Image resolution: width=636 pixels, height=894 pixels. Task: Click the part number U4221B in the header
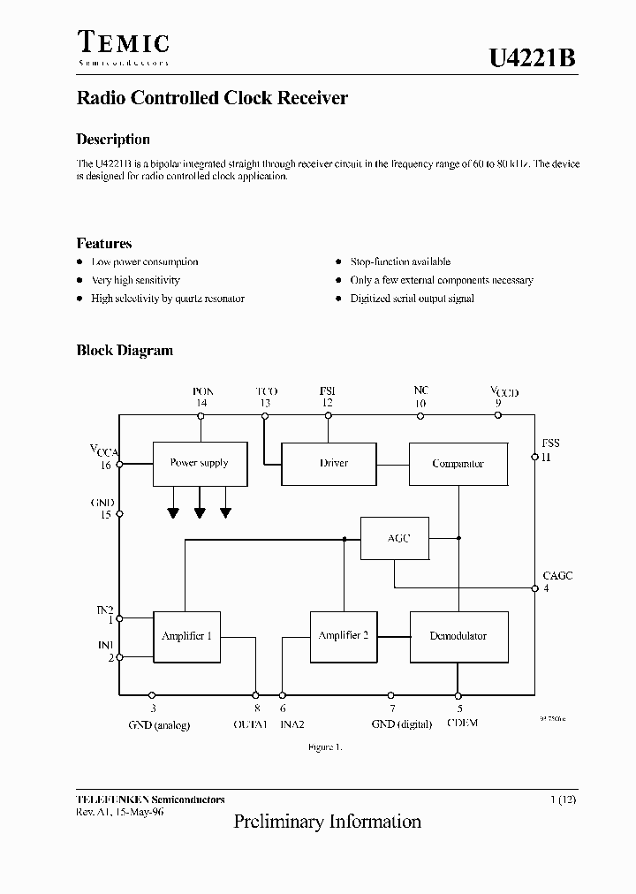pyautogui.click(x=533, y=58)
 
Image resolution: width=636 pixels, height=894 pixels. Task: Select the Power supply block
pyautogui.click(x=199, y=463)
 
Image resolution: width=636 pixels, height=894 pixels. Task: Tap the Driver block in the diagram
pyautogui.click(x=333, y=463)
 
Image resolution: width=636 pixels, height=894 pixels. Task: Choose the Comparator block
pyautogui.click(x=458, y=464)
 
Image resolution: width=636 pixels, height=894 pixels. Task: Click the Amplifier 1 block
pyautogui.click(x=186, y=636)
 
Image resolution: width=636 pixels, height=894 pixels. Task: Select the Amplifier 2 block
pyautogui.click(x=343, y=636)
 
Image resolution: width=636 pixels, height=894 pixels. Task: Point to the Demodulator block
pyautogui.click(x=458, y=636)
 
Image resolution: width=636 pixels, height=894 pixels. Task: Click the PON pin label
pyautogui.click(x=202, y=391)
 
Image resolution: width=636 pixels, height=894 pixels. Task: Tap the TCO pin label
pyautogui.click(x=266, y=391)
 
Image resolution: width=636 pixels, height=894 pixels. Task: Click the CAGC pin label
pyautogui.click(x=557, y=576)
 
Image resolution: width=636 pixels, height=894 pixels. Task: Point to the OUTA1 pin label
pyautogui.click(x=250, y=724)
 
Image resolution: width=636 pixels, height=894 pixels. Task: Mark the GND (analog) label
pyautogui.click(x=158, y=724)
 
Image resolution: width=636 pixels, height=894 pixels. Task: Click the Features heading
pyautogui.click(x=104, y=244)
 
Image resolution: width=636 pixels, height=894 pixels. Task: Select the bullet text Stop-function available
pyautogui.click(x=399, y=262)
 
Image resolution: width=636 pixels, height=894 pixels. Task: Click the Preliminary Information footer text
pyautogui.click(x=327, y=822)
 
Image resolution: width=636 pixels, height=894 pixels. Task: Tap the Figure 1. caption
pyautogui.click(x=325, y=747)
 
